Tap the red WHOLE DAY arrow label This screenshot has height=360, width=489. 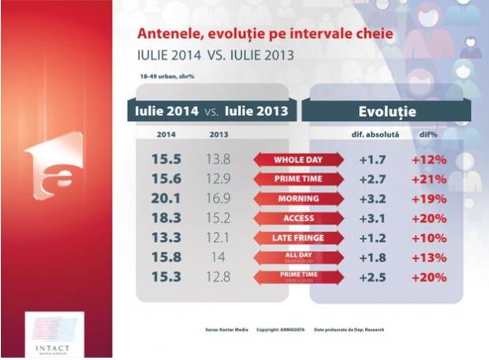point(298,160)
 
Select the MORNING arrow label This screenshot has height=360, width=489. point(298,199)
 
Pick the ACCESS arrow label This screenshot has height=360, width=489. point(298,218)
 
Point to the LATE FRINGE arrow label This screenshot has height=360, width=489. point(298,238)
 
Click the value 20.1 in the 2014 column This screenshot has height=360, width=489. point(167,199)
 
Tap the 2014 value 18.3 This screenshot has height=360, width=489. point(167,218)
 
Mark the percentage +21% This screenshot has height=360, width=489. point(429,179)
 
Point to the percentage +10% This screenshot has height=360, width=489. point(429,238)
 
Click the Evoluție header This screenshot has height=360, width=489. point(387,110)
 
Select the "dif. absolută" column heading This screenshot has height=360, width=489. point(375,135)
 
